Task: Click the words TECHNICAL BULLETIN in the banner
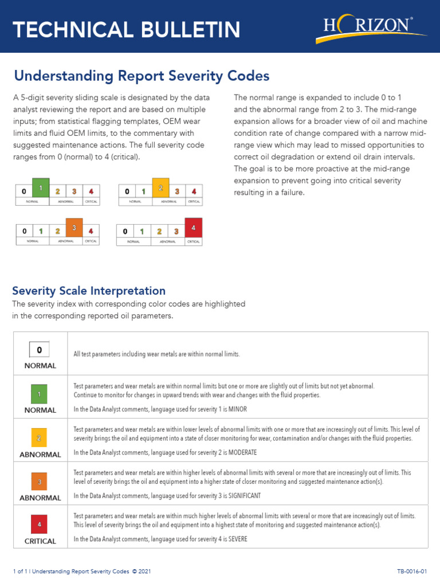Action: point(127,29)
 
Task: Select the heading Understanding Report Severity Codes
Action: point(142,76)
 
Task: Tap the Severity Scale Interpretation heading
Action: point(89,291)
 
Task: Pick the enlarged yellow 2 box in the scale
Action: point(161,188)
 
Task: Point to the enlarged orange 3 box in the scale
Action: point(74,228)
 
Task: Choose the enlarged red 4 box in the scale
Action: point(194,228)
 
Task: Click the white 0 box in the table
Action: point(40,349)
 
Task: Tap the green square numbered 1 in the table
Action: point(40,394)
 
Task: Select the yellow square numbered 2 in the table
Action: point(40,439)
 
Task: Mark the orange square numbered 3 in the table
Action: point(40,482)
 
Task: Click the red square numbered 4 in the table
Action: point(40,524)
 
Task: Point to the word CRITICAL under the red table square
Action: point(40,541)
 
